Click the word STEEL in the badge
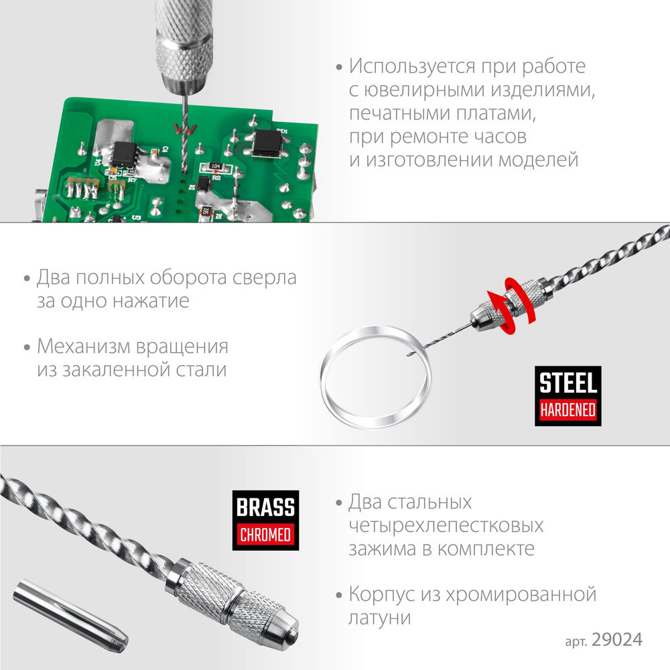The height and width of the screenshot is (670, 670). point(568,383)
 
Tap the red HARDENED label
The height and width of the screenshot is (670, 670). point(568,409)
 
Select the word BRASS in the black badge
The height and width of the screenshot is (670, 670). point(266,507)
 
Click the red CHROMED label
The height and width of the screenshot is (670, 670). point(266,534)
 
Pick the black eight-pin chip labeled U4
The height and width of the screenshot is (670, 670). point(123,153)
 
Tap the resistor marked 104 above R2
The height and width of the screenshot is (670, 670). point(214,165)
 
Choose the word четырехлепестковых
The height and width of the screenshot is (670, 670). point(446,525)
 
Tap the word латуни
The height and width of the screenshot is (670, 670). point(379,618)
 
